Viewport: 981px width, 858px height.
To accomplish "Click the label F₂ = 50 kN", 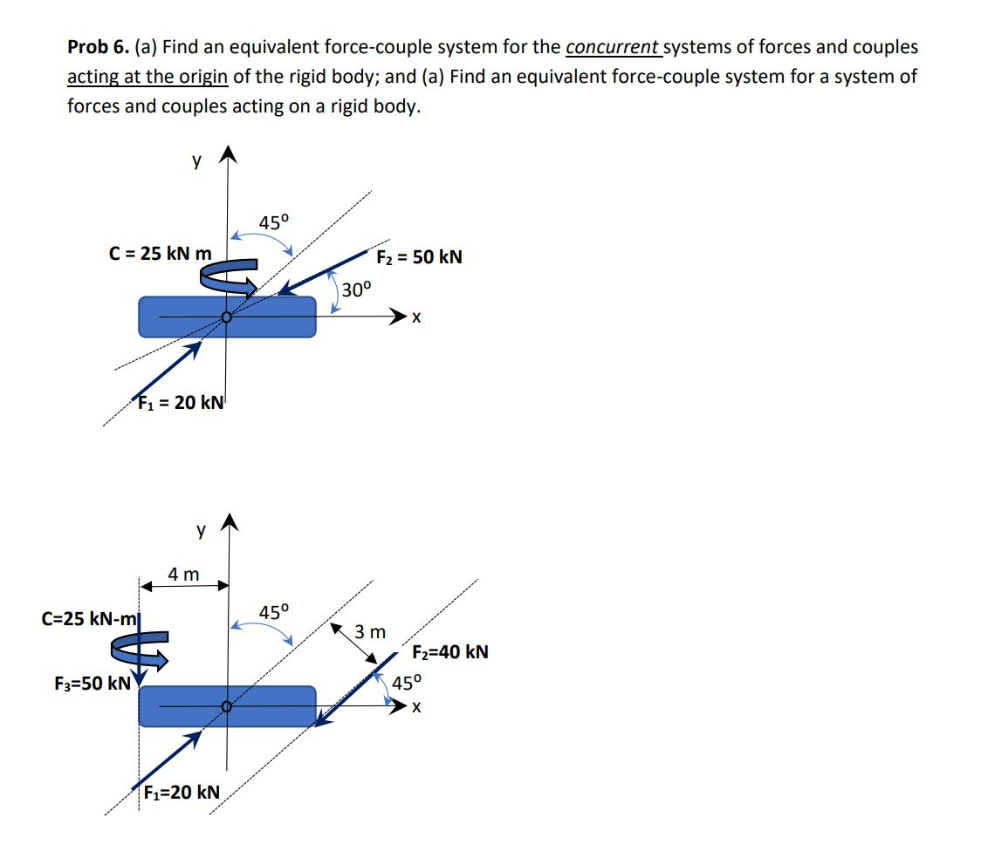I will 419,257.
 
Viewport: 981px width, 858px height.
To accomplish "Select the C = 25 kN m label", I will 160,254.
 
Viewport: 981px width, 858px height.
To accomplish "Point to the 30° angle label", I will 356,289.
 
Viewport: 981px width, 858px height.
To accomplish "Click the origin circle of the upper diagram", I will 227,317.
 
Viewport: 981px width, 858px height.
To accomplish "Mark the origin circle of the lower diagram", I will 227,706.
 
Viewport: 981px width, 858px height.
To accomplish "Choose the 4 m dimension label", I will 183,574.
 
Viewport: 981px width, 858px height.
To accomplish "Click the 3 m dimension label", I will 370,630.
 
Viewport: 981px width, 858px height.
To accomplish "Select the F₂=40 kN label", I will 449,651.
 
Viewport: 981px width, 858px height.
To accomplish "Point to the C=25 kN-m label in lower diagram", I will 90,619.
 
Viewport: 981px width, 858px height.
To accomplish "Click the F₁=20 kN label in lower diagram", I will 182,792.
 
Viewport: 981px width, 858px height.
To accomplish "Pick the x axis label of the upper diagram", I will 417,319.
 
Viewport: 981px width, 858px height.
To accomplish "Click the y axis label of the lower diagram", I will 202,528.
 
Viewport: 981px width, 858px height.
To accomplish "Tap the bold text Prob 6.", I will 99,47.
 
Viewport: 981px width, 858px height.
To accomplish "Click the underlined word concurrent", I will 612,47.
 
